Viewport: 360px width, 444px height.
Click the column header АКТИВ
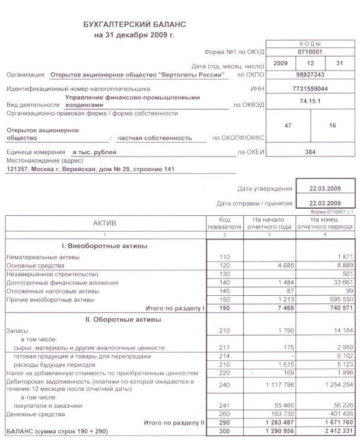click(x=104, y=222)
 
